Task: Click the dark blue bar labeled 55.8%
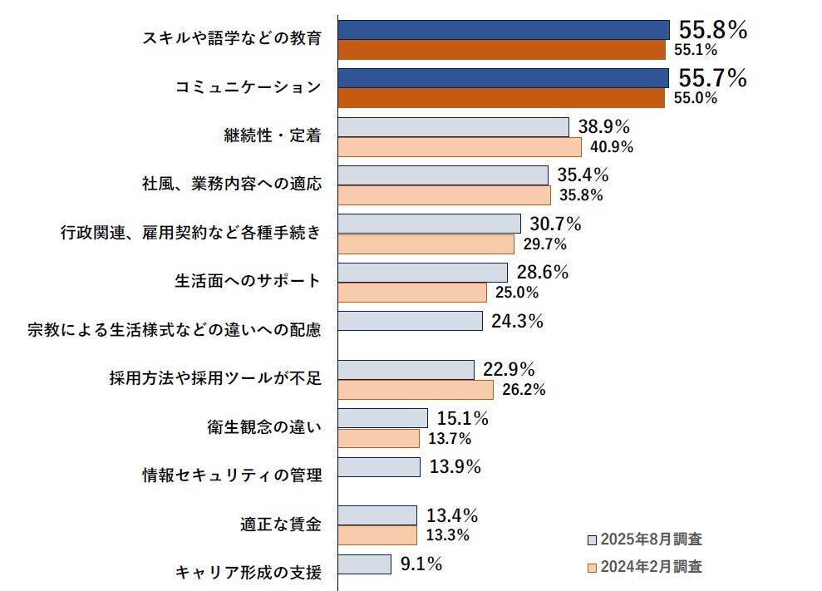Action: point(504,29)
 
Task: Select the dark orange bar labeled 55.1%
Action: point(502,49)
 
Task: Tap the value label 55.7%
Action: point(713,78)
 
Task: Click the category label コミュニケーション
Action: point(248,87)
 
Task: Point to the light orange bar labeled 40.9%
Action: point(460,147)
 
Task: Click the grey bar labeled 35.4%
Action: point(443,175)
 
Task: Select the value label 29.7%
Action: point(545,244)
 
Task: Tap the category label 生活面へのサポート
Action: point(248,281)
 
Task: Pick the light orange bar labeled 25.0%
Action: point(412,293)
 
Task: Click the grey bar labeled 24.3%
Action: point(411,321)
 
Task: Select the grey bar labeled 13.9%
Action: point(379,467)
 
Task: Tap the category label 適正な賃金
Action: point(281,525)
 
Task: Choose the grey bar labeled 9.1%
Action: point(365,564)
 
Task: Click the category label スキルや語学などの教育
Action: point(232,38)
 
